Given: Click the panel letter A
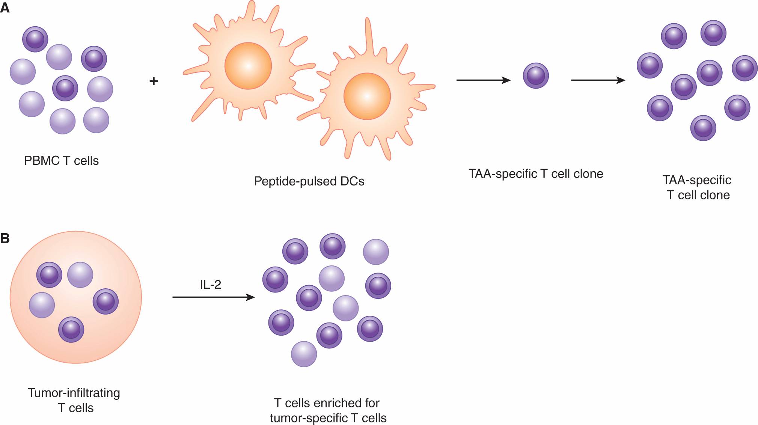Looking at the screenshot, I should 5,8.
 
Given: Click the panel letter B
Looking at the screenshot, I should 5,238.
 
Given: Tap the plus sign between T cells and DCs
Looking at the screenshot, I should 154,81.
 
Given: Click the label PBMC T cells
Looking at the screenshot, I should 61,161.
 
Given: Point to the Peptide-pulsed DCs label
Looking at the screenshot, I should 309,181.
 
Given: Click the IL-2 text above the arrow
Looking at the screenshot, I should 210,285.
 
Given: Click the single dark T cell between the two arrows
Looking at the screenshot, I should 536,75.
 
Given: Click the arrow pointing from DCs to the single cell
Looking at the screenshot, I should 483,80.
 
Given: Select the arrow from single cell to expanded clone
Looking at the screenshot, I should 598,80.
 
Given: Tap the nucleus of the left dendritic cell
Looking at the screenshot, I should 248,66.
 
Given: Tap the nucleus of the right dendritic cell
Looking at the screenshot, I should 367,96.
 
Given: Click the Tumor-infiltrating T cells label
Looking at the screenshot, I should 74,400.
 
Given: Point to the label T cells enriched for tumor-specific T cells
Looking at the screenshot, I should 328,410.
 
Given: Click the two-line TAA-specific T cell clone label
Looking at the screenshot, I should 697,187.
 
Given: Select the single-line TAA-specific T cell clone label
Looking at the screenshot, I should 536,174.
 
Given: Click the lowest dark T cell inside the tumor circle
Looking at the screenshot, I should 71,330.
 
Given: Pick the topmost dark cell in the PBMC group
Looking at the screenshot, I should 35,39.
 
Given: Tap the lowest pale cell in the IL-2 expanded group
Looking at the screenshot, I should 304,354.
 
